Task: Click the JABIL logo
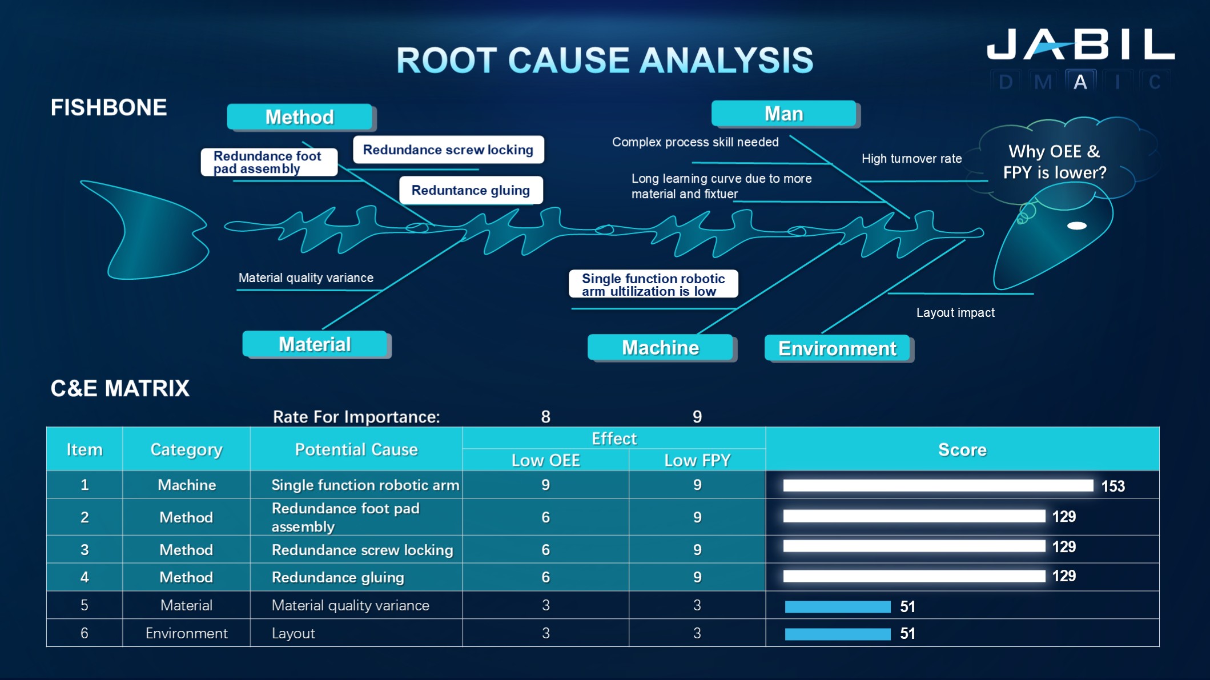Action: [x=1080, y=45]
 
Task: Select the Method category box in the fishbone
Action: [x=300, y=117]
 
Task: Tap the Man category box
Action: [x=784, y=114]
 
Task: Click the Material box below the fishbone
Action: [x=315, y=344]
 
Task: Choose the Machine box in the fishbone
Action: [x=660, y=348]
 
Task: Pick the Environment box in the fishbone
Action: [x=837, y=348]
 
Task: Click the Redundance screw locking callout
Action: [x=448, y=150]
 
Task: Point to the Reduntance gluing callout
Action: [x=471, y=190]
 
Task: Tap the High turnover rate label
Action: [x=911, y=159]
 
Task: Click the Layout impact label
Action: [x=955, y=312]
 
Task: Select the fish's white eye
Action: [x=1076, y=226]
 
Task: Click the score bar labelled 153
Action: [x=938, y=485]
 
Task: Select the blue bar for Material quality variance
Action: [x=837, y=606]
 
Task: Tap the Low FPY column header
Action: [x=697, y=460]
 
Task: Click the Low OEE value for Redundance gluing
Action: [x=545, y=577]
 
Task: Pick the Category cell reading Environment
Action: [x=186, y=633]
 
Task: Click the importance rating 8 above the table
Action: [x=545, y=417]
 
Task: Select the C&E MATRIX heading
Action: [x=120, y=388]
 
